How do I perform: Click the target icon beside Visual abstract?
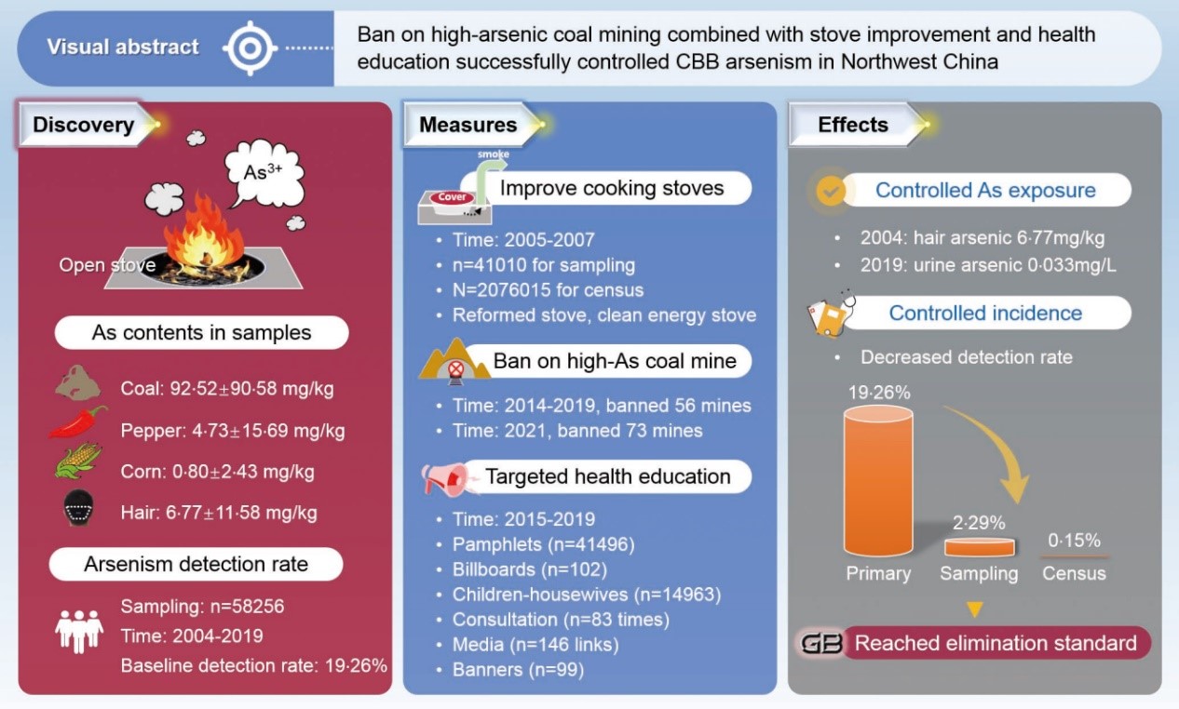(x=249, y=47)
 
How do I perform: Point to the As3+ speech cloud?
(x=264, y=174)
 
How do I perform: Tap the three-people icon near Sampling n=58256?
(x=78, y=631)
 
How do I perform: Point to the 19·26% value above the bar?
(x=878, y=392)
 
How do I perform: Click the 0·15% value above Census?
(x=1074, y=540)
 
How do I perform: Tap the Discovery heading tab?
(x=85, y=125)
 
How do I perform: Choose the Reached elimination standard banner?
(x=995, y=643)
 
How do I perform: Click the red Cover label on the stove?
(x=453, y=197)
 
